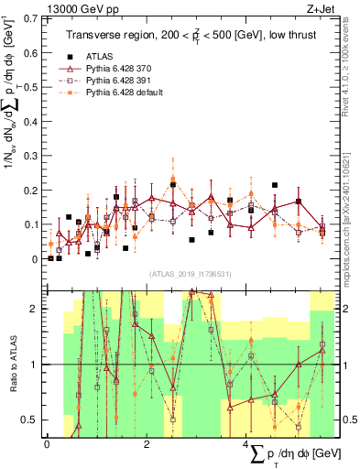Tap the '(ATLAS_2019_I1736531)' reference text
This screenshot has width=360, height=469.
(x=191, y=274)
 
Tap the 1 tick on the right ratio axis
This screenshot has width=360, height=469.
(x=345, y=365)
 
